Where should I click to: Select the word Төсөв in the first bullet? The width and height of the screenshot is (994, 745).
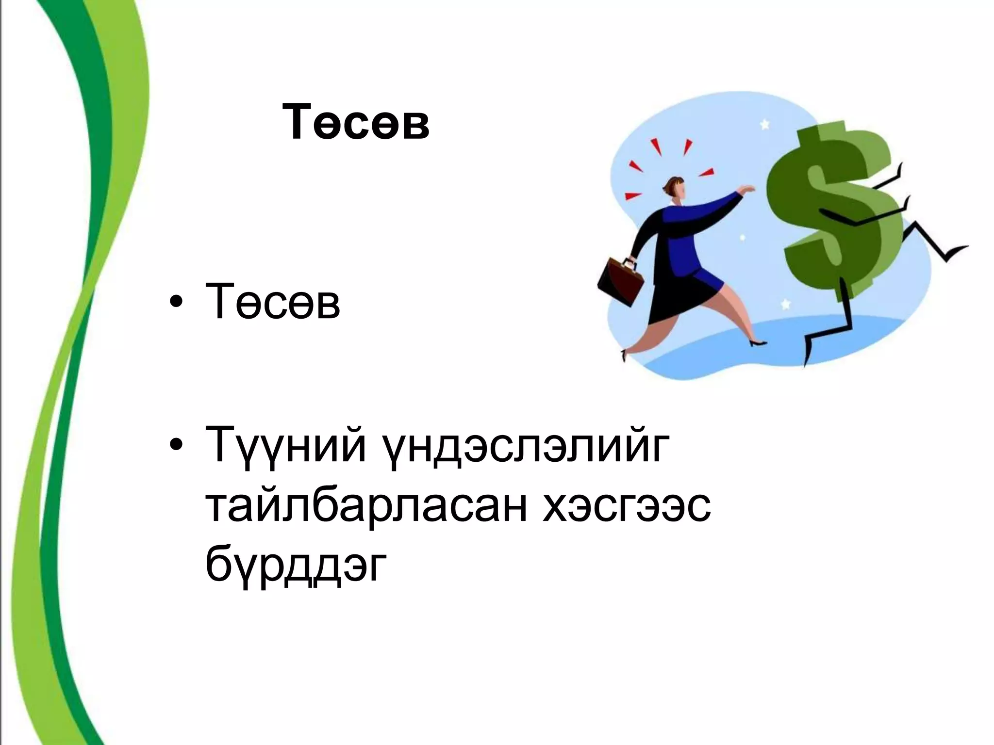pyautogui.click(x=272, y=303)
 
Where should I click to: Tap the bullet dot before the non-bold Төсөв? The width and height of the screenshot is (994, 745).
pyautogui.click(x=176, y=305)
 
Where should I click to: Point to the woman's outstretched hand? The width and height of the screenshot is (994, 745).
pyautogui.click(x=747, y=188)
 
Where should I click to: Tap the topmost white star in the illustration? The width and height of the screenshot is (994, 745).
pyautogui.click(x=765, y=125)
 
